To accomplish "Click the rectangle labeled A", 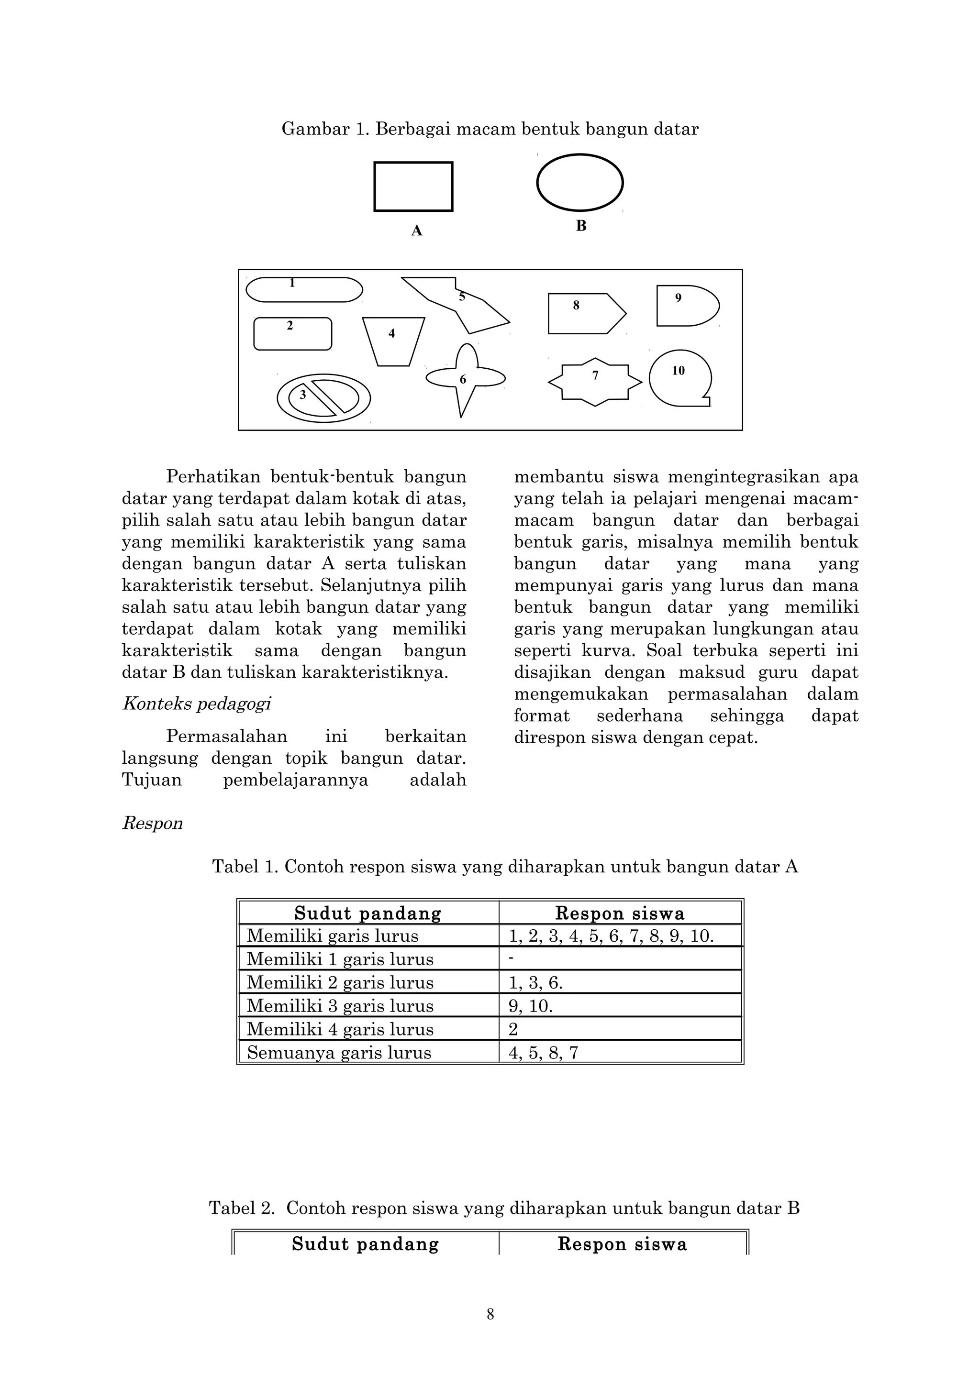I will (x=413, y=187).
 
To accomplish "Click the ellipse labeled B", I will (x=579, y=182).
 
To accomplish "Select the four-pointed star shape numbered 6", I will (x=464, y=378).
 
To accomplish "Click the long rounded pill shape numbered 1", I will (x=304, y=290).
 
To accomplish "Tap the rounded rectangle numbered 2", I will (x=293, y=334).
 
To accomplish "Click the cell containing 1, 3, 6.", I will (x=535, y=983).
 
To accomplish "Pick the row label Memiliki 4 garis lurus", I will (x=340, y=1029).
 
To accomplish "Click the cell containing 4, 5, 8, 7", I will (x=544, y=1053).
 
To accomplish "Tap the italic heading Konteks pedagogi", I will (x=197, y=704).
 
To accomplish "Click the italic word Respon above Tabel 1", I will (x=152, y=824).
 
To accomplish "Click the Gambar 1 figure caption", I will (x=490, y=129).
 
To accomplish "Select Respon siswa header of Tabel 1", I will (x=620, y=913).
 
